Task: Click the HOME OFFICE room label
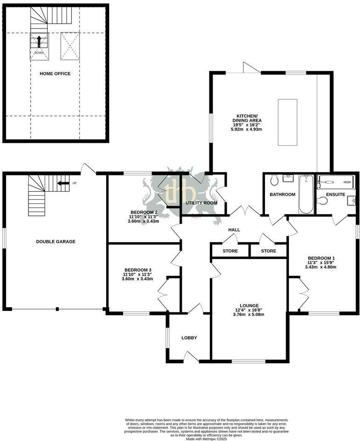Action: coord(55,73)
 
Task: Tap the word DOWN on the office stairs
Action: coord(39,52)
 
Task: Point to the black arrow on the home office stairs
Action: coord(39,41)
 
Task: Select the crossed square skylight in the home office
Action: coord(70,46)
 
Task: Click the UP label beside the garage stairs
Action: coord(74,183)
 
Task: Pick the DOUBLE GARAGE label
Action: coord(56,242)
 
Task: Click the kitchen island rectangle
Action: coord(287,123)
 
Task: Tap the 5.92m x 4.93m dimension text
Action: coord(246,130)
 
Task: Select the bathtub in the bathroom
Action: coord(305,194)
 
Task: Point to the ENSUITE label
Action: coord(336,194)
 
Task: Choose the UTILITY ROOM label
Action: coord(201,203)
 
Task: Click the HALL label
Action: coord(234,230)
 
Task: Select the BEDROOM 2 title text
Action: coord(137,212)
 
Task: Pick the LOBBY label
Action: coord(189,338)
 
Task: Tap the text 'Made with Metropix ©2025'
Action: coord(206,439)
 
